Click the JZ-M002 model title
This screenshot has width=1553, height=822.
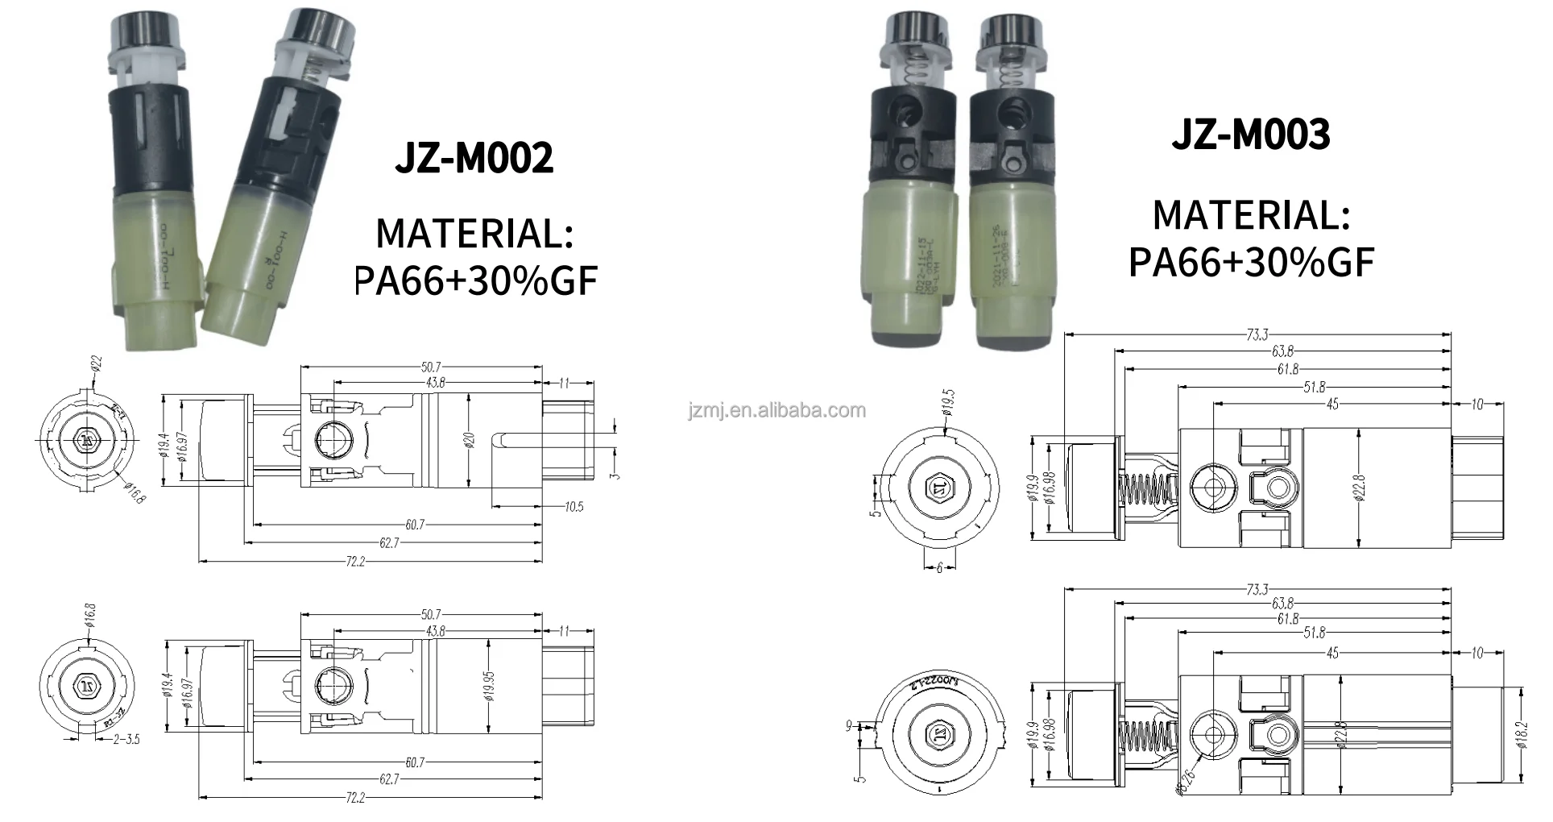474,158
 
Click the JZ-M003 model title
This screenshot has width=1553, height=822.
1250,134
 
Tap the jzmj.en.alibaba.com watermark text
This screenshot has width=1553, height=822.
777,411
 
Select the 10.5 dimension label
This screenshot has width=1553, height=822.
574,507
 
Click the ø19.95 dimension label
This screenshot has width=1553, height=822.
490,686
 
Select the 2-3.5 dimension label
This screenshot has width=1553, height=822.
125,738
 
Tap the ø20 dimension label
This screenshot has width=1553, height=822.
469,440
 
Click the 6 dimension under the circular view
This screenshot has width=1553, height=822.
939,568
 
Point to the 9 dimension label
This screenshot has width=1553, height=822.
848,726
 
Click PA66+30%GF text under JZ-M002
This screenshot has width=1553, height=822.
475,280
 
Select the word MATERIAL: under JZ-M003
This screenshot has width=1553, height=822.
1250,215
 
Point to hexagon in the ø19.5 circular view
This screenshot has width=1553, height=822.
937,488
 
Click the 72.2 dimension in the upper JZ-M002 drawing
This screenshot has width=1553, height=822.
354,561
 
